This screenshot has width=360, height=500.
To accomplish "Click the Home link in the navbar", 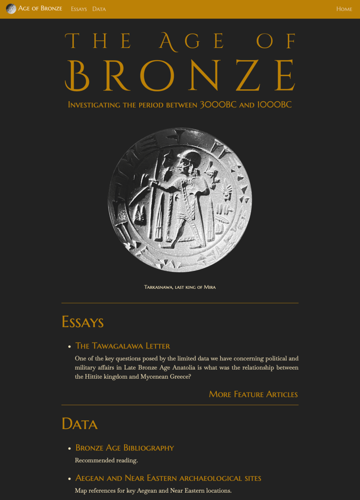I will point(344,9).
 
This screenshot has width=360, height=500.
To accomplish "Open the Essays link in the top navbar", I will point(79,9).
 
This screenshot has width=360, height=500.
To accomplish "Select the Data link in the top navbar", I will point(99,9).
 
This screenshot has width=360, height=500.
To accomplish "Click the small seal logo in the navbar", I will point(11,9).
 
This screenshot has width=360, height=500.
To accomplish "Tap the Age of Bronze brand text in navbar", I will point(40,9).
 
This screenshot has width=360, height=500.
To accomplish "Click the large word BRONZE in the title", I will point(180,76).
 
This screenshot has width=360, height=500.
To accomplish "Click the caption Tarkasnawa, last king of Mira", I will point(180,287).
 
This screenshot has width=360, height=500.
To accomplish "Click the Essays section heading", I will point(83,322).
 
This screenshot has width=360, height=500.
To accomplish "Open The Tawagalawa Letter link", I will point(123,346).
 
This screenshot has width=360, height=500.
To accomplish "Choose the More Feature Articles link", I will point(253,394).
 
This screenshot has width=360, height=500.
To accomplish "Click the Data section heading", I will point(80,424).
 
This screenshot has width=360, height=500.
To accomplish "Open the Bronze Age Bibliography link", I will point(125,448).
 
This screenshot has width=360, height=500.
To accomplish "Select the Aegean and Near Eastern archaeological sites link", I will point(168,478).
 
